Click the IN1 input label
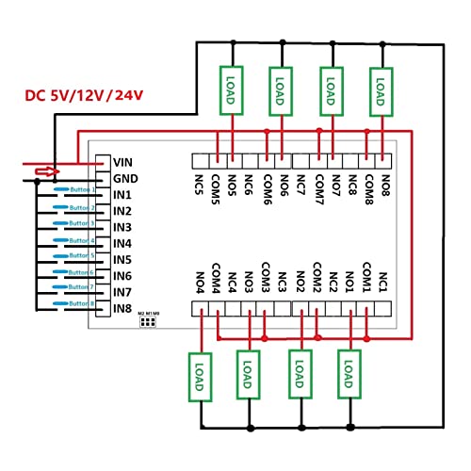click(x=122, y=194)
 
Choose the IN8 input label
click(x=122, y=308)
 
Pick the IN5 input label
click(x=122, y=259)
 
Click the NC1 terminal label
click(x=382, y=281)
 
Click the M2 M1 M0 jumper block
click(x=148, y=320)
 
